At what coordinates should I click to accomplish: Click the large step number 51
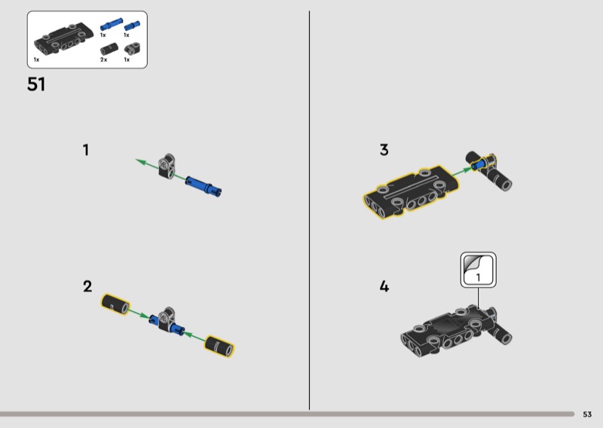(x=36, y=84)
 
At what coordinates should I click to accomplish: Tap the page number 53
(x=587, y=414)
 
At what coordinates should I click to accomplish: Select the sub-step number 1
(x=86, y=150)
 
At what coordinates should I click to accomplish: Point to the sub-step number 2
(x=87, y=286)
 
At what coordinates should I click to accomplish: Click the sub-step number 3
(x=384, y=150)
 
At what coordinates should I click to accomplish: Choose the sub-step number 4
(x=384, y=286)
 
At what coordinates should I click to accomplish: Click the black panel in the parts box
(x=64, y=38)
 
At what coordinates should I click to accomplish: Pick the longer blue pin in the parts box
(x=112, y=24)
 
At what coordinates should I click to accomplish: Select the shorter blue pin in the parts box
(x=132, y=26)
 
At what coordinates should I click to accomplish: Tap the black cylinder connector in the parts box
(x=109, y=50)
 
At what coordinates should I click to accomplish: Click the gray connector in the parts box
(x=133, y=48)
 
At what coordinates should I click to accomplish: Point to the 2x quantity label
(x=103, y=60)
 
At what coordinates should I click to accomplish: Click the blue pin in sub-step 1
(x=203, y=185)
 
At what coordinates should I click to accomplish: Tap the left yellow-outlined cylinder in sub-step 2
(x=115, y=304)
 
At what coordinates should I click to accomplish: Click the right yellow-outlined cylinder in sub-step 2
(x=219, y=346)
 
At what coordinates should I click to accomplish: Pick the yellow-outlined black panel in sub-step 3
(x=411, y=191)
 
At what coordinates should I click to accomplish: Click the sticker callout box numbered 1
(x=479, y=270)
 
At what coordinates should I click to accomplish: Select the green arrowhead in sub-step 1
(x=141, y=162)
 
